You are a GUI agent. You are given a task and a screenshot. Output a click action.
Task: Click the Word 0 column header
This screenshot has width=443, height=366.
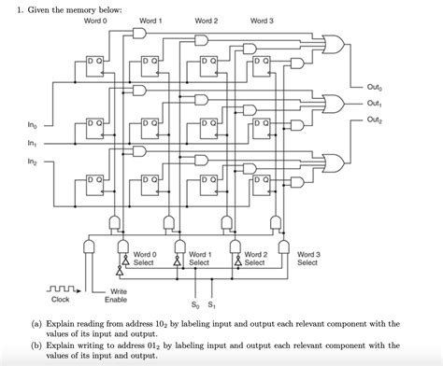coord(95,21)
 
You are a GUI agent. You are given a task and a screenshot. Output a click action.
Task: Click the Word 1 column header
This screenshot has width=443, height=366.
coord(150,21)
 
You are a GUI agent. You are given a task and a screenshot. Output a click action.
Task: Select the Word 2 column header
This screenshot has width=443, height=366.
coord(207,21)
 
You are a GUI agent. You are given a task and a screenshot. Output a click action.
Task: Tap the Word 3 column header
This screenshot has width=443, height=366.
coord(263,21)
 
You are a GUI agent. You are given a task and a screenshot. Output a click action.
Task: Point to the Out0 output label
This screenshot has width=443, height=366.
coord(375,89)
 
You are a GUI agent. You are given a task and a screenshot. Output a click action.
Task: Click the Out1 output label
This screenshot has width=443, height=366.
coord(375,104)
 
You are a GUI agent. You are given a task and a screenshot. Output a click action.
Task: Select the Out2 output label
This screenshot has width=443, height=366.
coord(375,120)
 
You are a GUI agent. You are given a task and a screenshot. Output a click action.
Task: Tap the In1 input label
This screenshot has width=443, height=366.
coord(33,145)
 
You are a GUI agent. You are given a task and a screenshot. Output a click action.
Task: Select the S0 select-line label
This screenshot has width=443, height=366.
coord(194,304)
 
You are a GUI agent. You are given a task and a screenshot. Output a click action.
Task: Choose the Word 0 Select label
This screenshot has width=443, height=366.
coord(143,258)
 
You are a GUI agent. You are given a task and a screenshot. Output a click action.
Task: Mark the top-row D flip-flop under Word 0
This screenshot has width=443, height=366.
coord(95,64)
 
